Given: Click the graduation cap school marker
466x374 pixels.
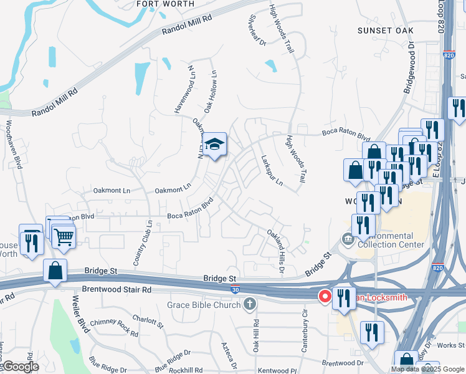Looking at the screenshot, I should tap(214, 145).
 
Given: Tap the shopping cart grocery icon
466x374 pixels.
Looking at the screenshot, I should tap(64, 236).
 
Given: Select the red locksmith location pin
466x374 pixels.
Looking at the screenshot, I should tap(325, 297).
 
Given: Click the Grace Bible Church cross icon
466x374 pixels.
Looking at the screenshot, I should tap(249, 305).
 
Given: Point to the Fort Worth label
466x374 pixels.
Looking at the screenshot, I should tap(165, 4).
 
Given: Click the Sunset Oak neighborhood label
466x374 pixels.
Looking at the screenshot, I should tap(386, 30).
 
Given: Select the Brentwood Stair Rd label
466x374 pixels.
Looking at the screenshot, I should tap(117, 290).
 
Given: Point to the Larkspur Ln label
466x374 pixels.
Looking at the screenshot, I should tap(272, 171).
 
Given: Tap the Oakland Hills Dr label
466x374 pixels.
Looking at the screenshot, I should tap(276, 251).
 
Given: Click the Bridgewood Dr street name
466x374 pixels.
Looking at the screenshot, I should tap(409, 67).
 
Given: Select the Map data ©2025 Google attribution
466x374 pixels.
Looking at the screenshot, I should tap(427, 369).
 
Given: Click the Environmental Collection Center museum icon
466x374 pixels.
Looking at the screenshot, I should tap(346, 239).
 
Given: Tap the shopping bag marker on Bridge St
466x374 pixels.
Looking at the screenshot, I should tap(55, 271).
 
